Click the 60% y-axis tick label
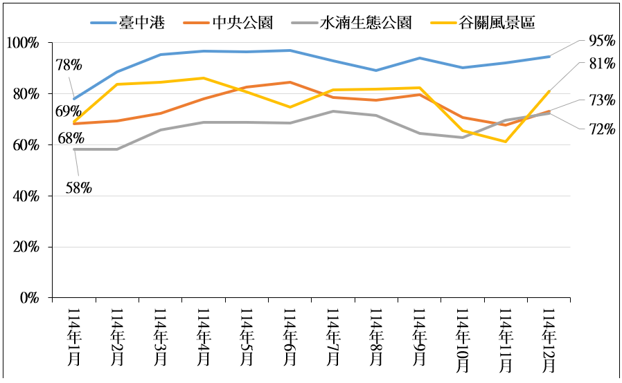click(x=26, y=145)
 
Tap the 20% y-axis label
click(x=26, y=247)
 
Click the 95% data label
click(x=601, y=41)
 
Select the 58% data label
click(x=79, y=187)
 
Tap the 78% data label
click(x=69, y=65)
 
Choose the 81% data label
click(x=601, y=64)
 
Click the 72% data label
click(x=601, y=128)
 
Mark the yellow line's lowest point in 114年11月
click(x=506, y=142)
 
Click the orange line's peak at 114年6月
click(x=290, y=82)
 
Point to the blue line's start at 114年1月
click(x=74, y=99)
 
